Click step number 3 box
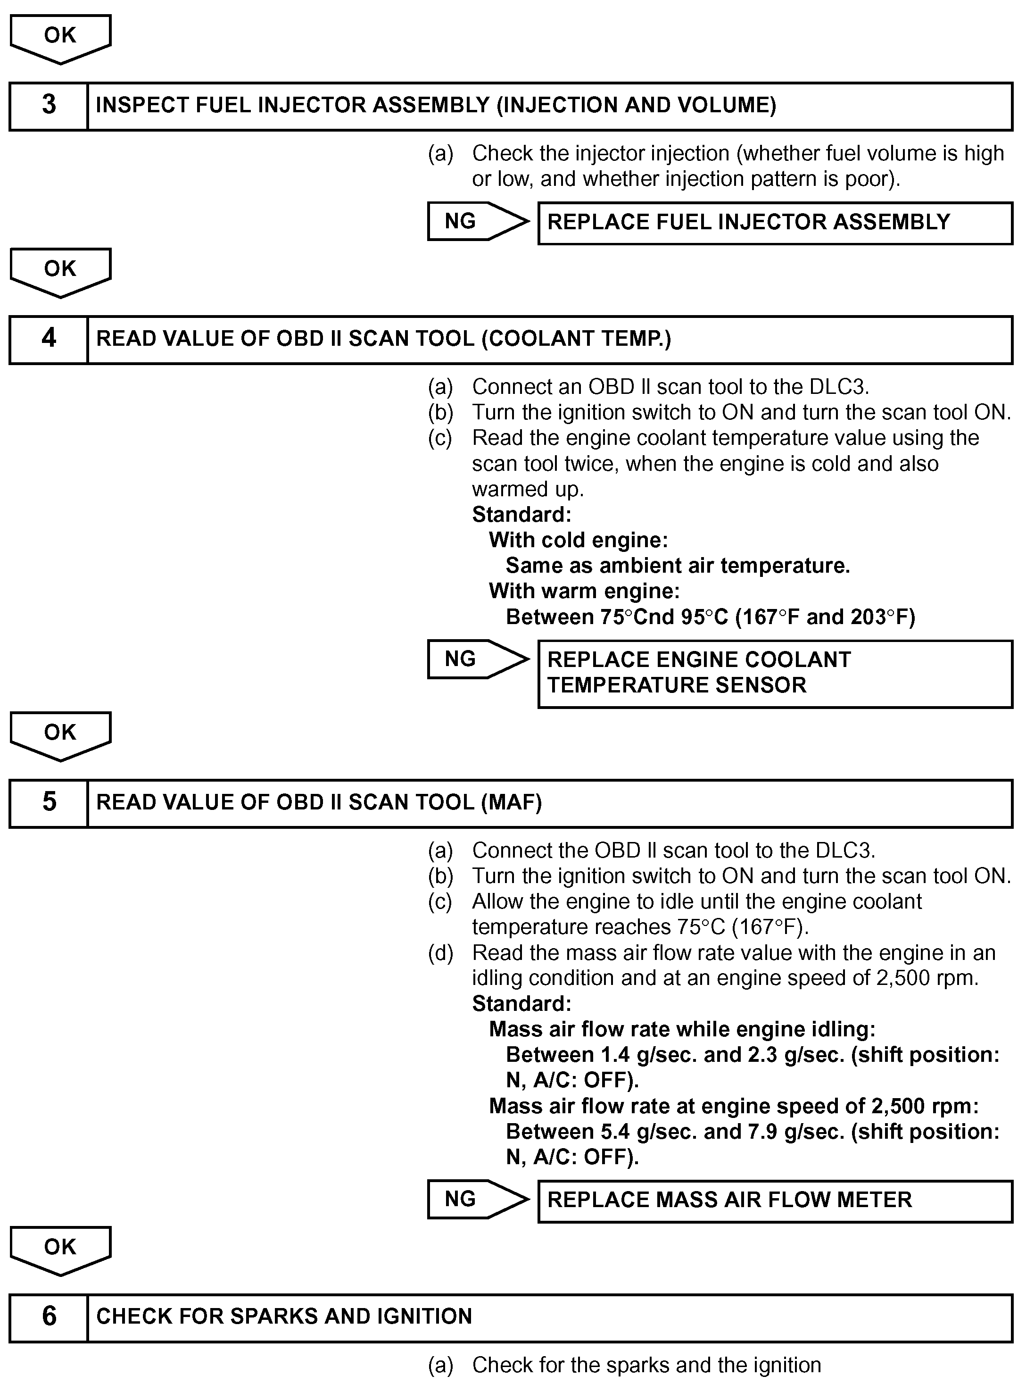pos(49,106)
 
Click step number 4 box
pos(49,339)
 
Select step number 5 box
pos(49,802)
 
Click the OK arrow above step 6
pos(60,1249)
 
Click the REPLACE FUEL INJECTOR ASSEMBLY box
pos(775,222)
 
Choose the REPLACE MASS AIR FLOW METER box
pos(775,1200)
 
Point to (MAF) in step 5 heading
pos(511,802)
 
